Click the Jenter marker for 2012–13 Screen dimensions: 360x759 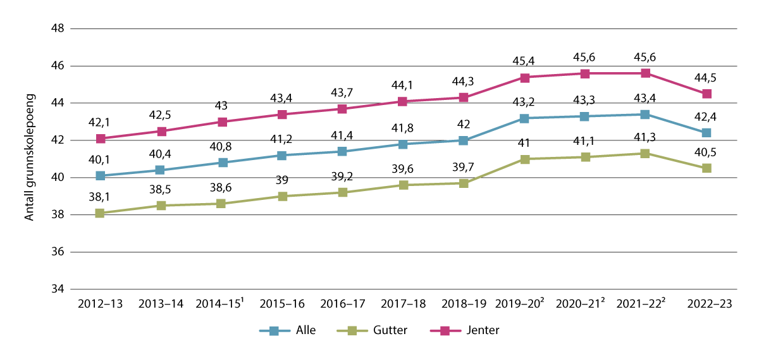(100, 139)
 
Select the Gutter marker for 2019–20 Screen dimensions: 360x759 (524, 159)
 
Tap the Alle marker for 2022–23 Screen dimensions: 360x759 (707, 133)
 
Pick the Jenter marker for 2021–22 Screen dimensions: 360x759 (645, 73)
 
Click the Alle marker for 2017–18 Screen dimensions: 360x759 (403, 144)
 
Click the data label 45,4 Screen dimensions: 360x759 (524, 61)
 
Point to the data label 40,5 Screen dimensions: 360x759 (707, 152)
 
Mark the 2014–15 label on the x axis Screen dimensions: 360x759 (221, 304)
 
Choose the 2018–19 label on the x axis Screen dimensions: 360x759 (464, 304)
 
